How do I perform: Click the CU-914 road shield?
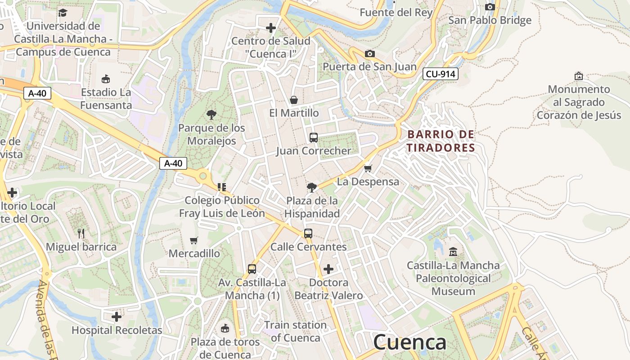click(440, 74)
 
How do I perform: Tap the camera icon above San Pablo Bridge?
click(490, 7)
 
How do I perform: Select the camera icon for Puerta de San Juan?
click(369, 54)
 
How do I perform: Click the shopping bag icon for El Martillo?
click(294, 99)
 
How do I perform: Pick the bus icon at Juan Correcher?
click(314, 138)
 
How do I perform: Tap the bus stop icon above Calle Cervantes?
click(308, 234)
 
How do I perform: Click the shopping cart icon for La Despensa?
click(368, 169)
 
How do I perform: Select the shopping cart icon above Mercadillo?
click(194, 240)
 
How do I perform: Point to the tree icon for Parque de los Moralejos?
click(211, 115)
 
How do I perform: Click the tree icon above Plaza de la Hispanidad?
click(311, 187)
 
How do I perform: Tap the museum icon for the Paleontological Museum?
click(453, 252)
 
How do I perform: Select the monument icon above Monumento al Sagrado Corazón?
click(579, 76)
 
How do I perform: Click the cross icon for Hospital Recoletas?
click(117, 317)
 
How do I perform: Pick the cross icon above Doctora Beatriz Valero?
click(328, 269)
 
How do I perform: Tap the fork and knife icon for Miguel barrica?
click(81, 233)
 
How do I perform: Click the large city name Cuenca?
click(409, 342)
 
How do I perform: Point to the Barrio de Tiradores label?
click(441, 141)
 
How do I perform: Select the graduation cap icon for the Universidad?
click(63, 13)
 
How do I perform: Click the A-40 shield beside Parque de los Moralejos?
click(173, 163)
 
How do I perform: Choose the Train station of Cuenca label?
click(295, 331)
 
